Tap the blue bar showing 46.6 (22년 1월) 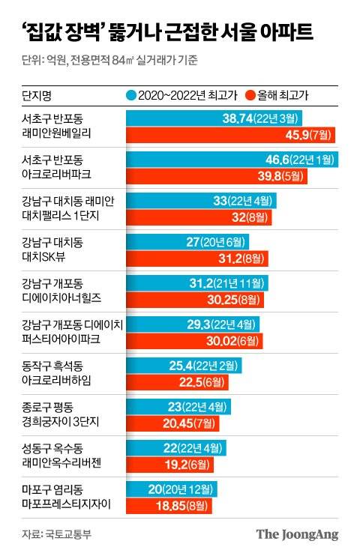coord(232,160)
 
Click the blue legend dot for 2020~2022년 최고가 coord(131,96)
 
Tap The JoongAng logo coord(297,535)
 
